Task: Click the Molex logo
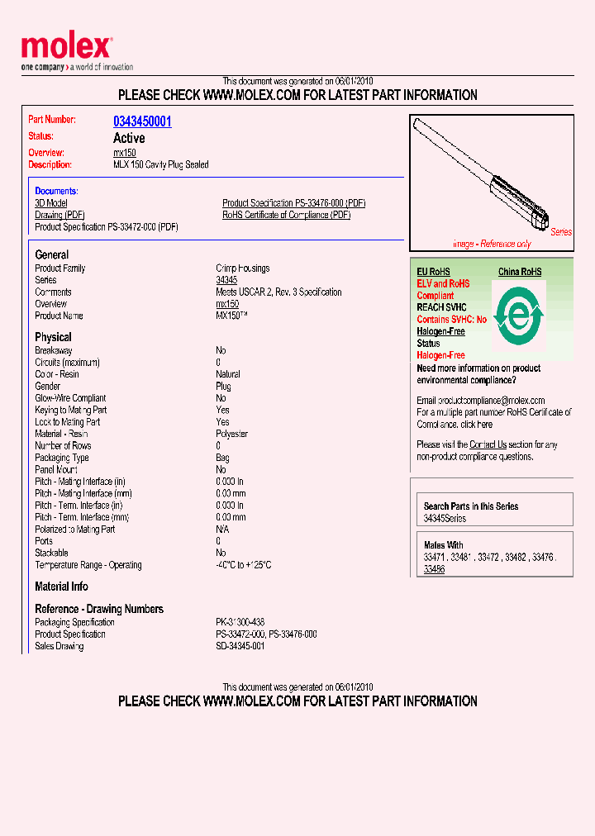(66, 49)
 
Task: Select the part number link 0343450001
(142, 121)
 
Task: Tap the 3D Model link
(51, 203)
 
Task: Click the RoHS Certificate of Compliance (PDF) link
(286, 215)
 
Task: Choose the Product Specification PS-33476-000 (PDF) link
(293, 203)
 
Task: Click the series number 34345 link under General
(226, 280)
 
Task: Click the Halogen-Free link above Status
(440, 331)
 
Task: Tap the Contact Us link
(488, 444)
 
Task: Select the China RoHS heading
(520, 272)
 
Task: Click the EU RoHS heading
(433, 272)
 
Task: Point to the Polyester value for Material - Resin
(233, 434)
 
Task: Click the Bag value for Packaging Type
(223, 458)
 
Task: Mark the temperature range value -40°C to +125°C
(244, 565)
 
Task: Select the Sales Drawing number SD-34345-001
(240, 646)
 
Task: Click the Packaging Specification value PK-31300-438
(240, 622)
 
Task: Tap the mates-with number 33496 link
(434, 569)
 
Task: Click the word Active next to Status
(129, 138)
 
